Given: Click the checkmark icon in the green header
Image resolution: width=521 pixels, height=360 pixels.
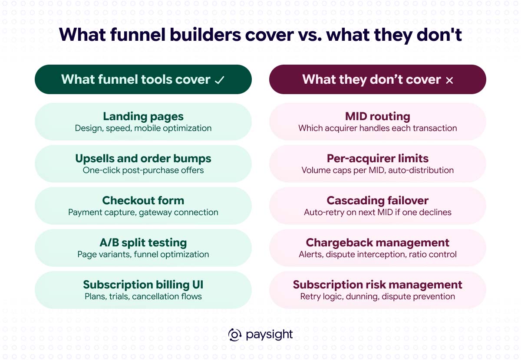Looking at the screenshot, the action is click(x=219, y=80).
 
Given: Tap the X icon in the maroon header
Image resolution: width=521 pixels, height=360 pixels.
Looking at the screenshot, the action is click(x=449, y=80).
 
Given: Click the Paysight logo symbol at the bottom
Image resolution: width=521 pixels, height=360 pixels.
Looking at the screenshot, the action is click(x=235, y=335).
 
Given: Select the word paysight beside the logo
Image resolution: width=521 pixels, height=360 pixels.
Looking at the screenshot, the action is click(x=269, y=335).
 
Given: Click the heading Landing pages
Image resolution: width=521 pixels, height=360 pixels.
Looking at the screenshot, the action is click(x=143, y=117).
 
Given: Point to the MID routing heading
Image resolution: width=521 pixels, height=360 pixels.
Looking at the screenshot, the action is click(x=377, y=116).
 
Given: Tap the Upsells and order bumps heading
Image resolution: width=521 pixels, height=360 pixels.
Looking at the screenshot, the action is click(x=143, y=159).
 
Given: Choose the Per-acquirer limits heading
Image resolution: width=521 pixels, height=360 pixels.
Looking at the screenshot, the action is click(x=377, y=159).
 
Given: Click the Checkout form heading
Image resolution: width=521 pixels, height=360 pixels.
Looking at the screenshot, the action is click(x=143, y=200).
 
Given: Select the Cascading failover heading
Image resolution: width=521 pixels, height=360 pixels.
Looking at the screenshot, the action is click(x=377, y=200).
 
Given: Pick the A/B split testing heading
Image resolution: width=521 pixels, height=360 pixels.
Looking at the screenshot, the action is click(x=143, y=243).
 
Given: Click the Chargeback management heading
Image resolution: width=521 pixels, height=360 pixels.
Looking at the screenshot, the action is click(x=377, y=243).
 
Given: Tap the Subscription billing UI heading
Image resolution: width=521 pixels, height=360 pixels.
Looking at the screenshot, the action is click(x=143, y=285).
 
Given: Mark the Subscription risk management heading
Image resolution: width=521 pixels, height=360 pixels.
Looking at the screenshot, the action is click(x=377, y=285).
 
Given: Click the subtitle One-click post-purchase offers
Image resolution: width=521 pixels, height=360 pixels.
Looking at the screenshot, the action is click(x=143, y=170).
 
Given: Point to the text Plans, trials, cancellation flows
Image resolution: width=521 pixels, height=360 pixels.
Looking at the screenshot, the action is click(x=143, y=297).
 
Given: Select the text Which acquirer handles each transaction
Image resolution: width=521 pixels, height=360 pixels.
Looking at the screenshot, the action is click(x=377, y=128).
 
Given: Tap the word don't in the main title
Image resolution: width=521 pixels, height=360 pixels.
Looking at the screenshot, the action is click(x=439, y=35).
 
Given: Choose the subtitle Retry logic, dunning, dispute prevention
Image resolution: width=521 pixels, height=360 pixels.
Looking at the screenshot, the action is click(x=377, y=297).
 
